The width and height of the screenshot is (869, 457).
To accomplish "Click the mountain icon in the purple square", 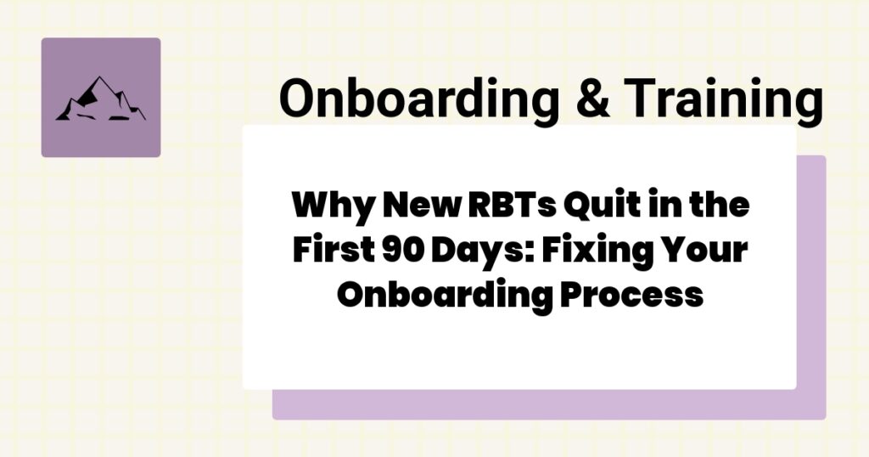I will pos(100,99).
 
